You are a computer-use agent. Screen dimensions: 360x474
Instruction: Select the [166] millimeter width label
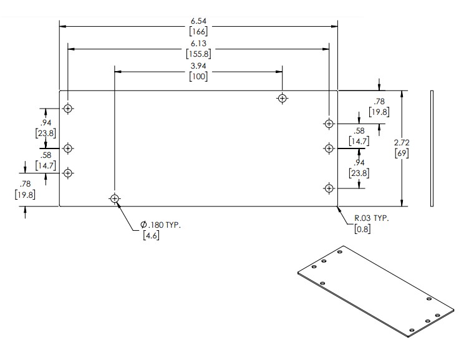point(198,31)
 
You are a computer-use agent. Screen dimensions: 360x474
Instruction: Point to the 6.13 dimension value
point(198,43)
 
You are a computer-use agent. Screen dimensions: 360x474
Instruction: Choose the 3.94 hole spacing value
point(198,66)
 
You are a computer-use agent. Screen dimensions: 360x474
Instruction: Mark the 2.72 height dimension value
point(402,143)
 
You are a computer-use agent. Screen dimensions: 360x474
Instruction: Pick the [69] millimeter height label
point(402,153)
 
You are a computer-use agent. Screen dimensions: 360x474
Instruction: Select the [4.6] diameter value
point(151,236)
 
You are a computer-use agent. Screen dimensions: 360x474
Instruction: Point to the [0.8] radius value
point(362,228)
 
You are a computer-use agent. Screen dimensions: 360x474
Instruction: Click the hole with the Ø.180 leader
point(114,199)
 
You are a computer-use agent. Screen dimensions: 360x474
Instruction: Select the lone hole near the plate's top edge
point(283,98)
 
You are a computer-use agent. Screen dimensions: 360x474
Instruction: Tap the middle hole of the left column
point(68,148)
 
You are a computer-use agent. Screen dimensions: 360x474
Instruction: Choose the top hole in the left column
point(68,109)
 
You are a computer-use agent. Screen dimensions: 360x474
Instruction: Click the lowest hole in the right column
point(329,187)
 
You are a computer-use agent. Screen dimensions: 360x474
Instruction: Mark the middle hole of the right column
point(329,148)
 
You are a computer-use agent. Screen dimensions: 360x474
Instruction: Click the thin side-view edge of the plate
point(431,148)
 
